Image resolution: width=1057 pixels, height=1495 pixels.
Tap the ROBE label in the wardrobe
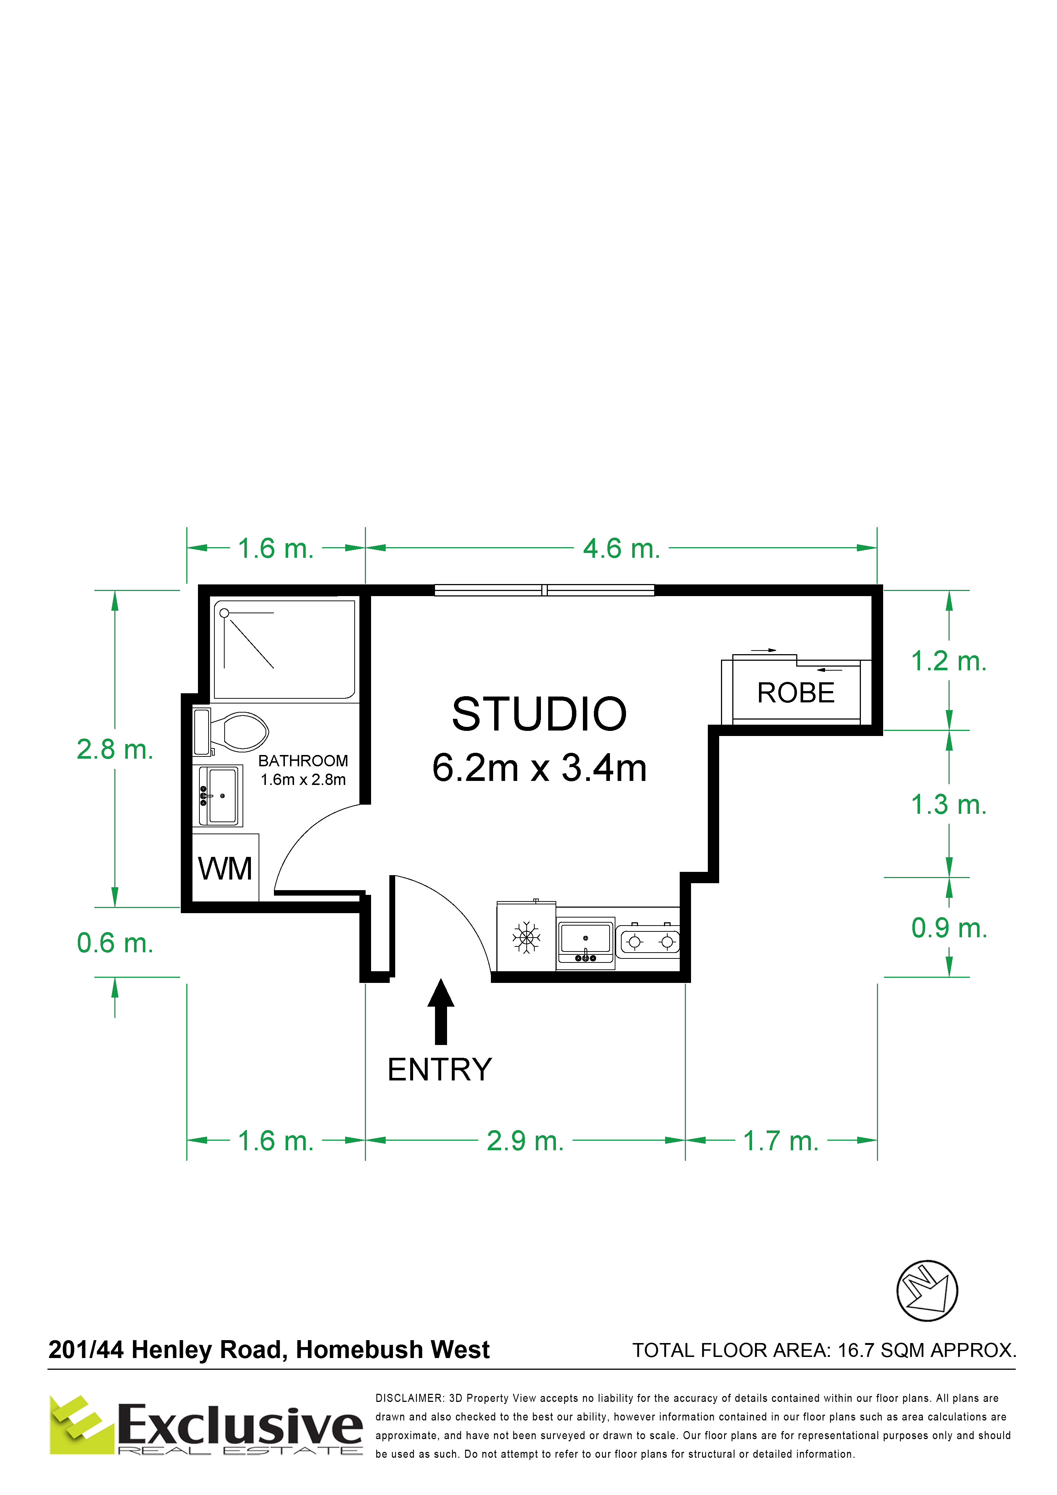point(796,693)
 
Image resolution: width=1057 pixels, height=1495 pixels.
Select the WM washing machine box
point(225,867)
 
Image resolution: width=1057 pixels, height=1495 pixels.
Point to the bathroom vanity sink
point(218,796)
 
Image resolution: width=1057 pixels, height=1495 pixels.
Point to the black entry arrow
point(441,1011)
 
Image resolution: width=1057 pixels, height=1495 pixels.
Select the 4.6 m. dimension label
point(621,548)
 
